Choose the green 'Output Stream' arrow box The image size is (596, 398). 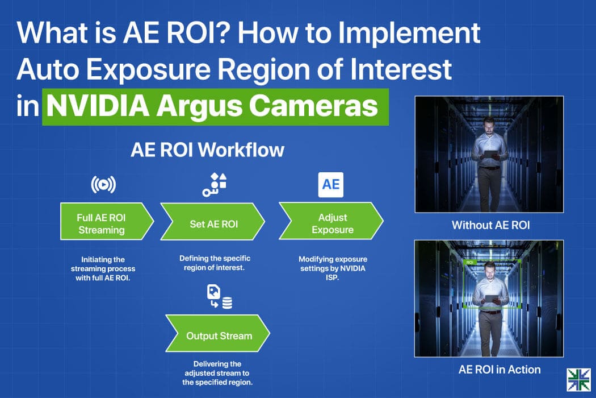[217, 333]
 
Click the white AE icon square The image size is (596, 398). [331, 185]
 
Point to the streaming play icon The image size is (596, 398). [103, 185]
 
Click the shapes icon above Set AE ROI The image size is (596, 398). [215, 185]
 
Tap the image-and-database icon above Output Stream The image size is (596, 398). [219, 296]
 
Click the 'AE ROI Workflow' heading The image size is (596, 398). [208, 150]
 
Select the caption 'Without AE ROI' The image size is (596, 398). [491, 225]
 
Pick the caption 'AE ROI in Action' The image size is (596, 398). [500, 370]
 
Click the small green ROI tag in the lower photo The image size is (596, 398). [469, 263]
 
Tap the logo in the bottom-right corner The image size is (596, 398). [578, 379]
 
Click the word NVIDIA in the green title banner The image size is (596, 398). [97, 106]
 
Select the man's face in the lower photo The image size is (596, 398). [490, 270]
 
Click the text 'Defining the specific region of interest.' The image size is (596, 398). [215, 263]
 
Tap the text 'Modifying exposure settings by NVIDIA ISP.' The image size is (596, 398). [333, 268]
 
